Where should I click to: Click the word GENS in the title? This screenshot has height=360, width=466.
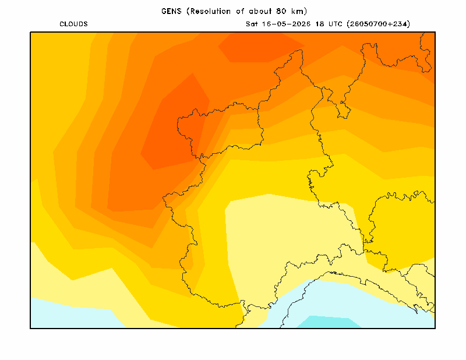[171, 11]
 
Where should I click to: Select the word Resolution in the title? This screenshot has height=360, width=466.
[211, 11]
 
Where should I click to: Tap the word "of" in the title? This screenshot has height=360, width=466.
[240, 11]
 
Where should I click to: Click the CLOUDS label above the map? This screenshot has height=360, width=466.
[73, 24]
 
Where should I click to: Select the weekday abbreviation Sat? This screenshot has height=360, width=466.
[252, 24]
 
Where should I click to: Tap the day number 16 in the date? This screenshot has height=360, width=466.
[267, 24]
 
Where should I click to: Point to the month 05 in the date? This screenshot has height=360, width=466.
[281, 24]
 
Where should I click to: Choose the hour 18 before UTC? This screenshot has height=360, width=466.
[320, 24]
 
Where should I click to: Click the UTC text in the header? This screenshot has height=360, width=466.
[336, 24]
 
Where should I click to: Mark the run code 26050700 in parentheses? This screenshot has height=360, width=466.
[368, 24]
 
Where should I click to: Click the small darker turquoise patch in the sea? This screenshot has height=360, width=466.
[329, 322]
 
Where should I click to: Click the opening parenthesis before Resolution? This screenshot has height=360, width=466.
[188, 11]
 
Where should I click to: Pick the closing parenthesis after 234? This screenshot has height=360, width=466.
[409, 24]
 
